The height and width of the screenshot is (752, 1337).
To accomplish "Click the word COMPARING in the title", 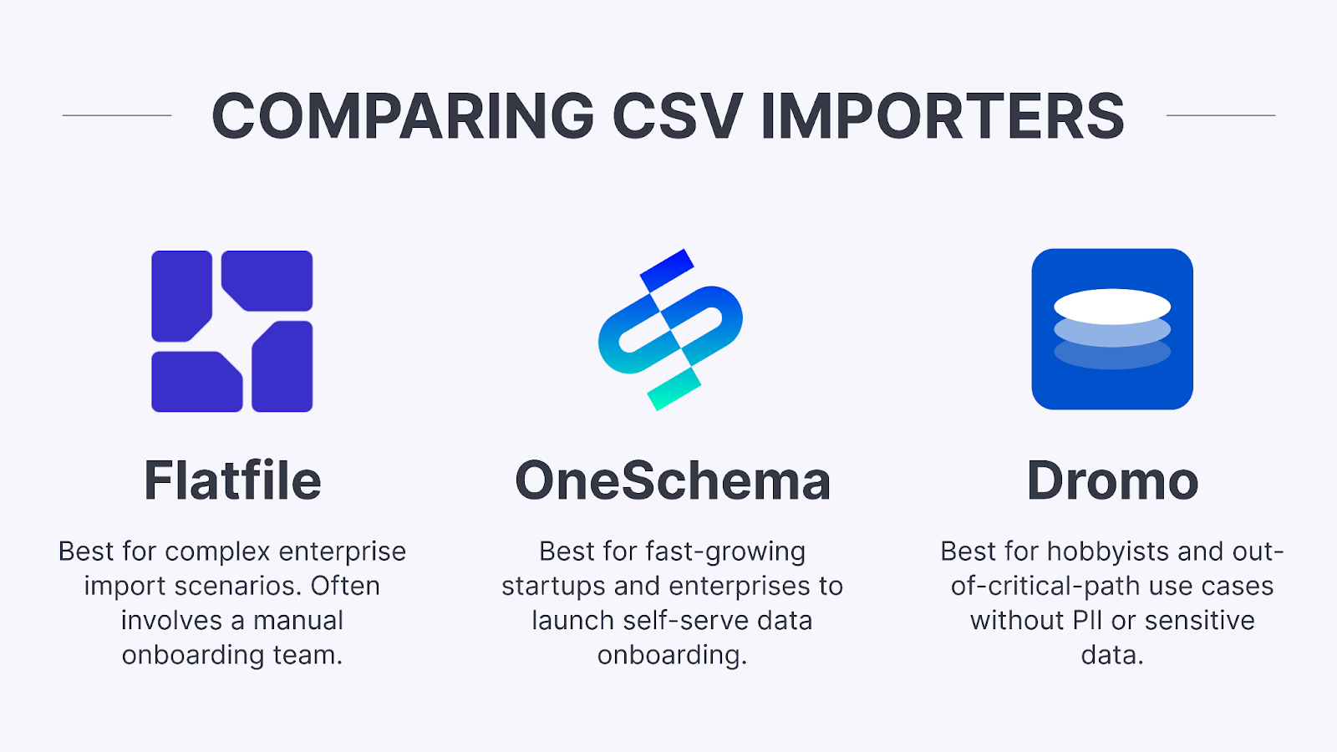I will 403,116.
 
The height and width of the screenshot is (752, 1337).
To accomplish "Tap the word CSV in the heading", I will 677,116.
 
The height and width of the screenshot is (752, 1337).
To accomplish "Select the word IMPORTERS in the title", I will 943,116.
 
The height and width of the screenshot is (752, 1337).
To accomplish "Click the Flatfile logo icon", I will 232,331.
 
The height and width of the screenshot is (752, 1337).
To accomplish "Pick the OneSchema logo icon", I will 670,329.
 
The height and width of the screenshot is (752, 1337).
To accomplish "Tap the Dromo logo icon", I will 1112,329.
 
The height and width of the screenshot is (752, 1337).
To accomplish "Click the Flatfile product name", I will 232,480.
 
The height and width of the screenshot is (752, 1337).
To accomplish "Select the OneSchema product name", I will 673,480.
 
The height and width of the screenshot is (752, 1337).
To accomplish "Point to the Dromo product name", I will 1112,480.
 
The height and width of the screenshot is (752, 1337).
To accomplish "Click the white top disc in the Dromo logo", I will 1112,306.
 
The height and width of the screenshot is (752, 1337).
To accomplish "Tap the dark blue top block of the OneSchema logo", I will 667,269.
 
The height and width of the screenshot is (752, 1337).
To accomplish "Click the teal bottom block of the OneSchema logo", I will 674,390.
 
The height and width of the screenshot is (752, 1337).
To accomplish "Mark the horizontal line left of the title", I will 117,115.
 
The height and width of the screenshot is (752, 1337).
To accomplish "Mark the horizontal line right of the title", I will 1221,115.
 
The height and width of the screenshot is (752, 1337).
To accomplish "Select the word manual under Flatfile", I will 298,621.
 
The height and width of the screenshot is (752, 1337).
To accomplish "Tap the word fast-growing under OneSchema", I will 725,551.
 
